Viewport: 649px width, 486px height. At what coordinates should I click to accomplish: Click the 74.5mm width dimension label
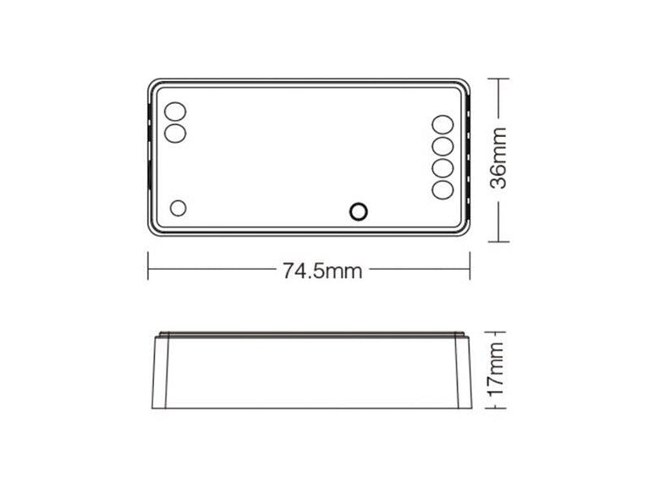322,271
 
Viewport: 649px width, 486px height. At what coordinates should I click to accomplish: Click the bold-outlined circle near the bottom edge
359,211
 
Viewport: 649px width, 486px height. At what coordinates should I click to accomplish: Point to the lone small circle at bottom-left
179,207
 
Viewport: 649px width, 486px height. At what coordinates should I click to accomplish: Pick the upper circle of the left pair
175,112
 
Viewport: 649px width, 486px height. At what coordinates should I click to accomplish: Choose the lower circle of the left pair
175,133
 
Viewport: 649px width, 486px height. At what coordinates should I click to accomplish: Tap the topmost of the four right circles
443,125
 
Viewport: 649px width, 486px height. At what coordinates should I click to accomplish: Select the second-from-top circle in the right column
443,147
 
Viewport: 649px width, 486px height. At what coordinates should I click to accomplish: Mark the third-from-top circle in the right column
443,168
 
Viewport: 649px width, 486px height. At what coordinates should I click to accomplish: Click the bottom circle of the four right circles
443,189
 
